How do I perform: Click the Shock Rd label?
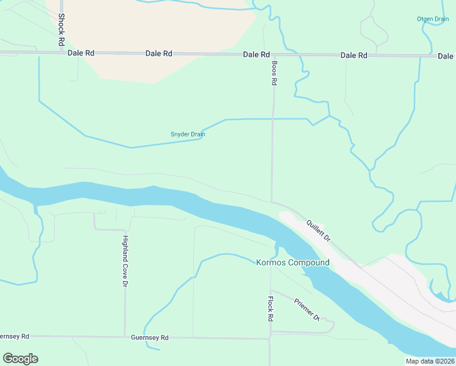pyautogui.click(x=62, y=30)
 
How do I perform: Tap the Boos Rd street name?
pyautogui.click(x=274, y=72)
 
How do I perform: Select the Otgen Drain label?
pyautogui.click(x=433, y=19)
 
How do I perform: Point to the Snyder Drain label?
pyautogui.click(x=187, y=134)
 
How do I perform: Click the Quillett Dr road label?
pyautogui.click(x=318, y=230)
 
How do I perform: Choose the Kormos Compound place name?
pyautogui.click(x=293, y=263)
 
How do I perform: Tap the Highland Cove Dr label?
pyautogui.click(x=126, y=261)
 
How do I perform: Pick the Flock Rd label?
pyautogui.click(x=270, y=309)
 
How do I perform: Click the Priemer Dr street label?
pyautogui.click(x=307, y=309)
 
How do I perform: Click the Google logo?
pyautogui.click(x=20, y=359)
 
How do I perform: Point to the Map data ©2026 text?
pyautogui.click(x=430, y=361)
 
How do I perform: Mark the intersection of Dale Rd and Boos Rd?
pyautogui.click(x=274, y=55)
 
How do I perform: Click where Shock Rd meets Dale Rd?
pyautogui.click(x=62, y=54)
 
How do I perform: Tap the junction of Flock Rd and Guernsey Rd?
pyautogui.click(x=270, y=338)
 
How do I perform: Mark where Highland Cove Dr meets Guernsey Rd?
pyautogui.click(x=125, y=337)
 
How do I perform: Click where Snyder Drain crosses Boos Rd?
pyautogui.click(x=273, y=119)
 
